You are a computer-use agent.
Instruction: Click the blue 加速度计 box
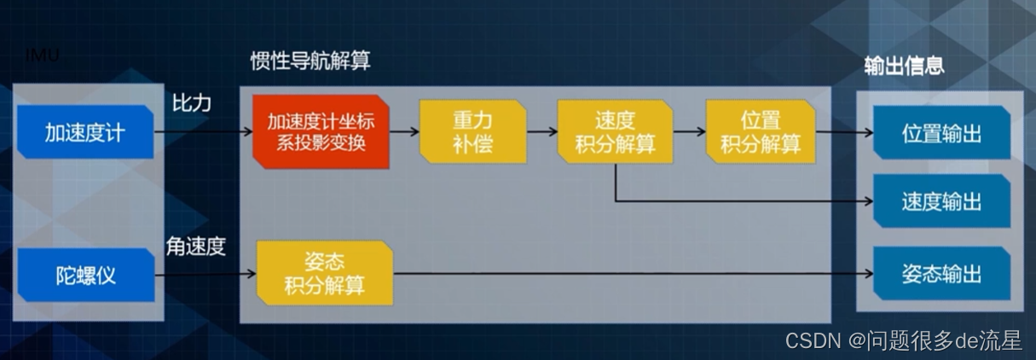point(84,132)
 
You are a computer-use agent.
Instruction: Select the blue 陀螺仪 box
point(84,276)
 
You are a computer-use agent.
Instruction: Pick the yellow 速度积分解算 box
point(614,132)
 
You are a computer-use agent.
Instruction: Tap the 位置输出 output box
point(941,134)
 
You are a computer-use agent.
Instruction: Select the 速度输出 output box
point(941,202)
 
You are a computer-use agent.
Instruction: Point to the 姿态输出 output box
point(941,274)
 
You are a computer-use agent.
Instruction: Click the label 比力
point(192,103)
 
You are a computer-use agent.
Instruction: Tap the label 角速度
point(196,247)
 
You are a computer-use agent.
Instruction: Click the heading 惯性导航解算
point(310,61)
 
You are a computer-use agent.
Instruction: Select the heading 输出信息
point(904,66)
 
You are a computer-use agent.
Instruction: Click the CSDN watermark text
point(903,340)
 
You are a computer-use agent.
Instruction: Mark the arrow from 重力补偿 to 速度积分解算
point(541,132)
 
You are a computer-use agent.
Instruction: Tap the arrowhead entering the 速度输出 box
point(867,202)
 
